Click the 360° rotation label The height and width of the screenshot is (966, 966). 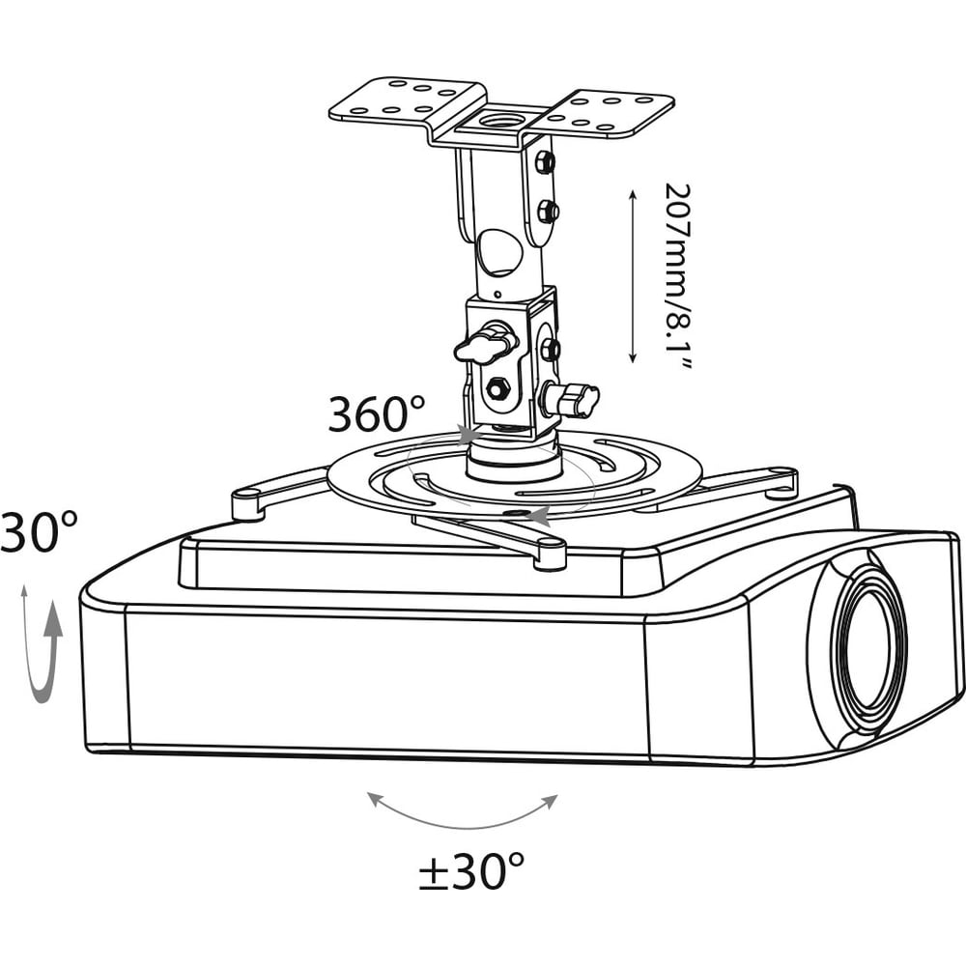point(376,413)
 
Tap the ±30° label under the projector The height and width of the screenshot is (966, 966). point(471,870)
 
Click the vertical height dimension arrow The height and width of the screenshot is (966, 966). point(632,276)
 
